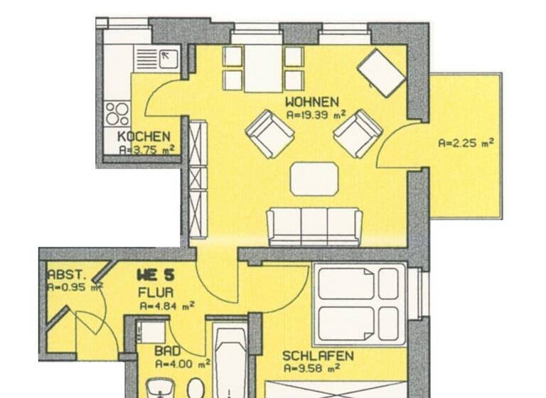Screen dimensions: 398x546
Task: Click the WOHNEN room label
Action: (312, 101)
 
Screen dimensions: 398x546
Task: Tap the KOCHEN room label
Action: (144, 136)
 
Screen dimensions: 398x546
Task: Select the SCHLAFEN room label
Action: (318, 355)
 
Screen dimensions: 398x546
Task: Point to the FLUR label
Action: (154, 291)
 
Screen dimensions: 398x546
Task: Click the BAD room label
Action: (168, 351)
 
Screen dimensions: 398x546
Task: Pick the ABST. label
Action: (67, 274)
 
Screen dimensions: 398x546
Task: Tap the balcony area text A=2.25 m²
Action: (466, 142)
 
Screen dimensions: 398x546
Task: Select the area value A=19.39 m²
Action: (316, 114)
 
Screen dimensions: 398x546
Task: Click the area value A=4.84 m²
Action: (167, 306)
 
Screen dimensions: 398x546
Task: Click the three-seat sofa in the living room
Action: (314, 226)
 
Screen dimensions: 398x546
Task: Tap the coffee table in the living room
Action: (314, 178)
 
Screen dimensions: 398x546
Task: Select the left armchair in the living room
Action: (269, 134)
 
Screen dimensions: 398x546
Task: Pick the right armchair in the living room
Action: (358, 133)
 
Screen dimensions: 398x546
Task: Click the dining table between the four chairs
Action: (263, 68)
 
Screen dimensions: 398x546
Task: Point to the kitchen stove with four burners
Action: (117, 114)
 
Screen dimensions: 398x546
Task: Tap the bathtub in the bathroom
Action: (230, 362)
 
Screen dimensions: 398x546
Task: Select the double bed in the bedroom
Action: (358, 303)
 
